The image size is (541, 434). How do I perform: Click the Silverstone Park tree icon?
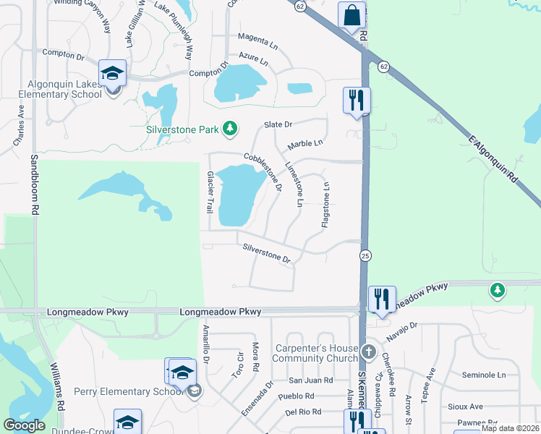[x=230, y=129]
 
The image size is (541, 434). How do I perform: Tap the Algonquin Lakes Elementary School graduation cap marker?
[x=113, y=74]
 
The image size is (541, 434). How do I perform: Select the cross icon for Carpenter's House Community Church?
[x=369, y=352]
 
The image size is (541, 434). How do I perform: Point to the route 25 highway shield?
[x=365, y=256]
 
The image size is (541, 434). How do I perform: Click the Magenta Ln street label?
[x=258, y=38]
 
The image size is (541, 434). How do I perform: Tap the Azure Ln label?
[x=258, y=56]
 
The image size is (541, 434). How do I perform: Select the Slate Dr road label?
[x=278, y=124]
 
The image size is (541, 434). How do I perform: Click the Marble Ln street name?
[x=304, y=143]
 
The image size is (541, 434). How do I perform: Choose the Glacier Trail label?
[x=210, y=192]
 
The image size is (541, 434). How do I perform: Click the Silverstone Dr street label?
[x=266, y=252]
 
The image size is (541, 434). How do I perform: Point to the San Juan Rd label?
[x=310, y=380]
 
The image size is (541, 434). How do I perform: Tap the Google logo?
[x=25, y=425]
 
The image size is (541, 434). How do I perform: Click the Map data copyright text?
[x=511, y=428]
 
